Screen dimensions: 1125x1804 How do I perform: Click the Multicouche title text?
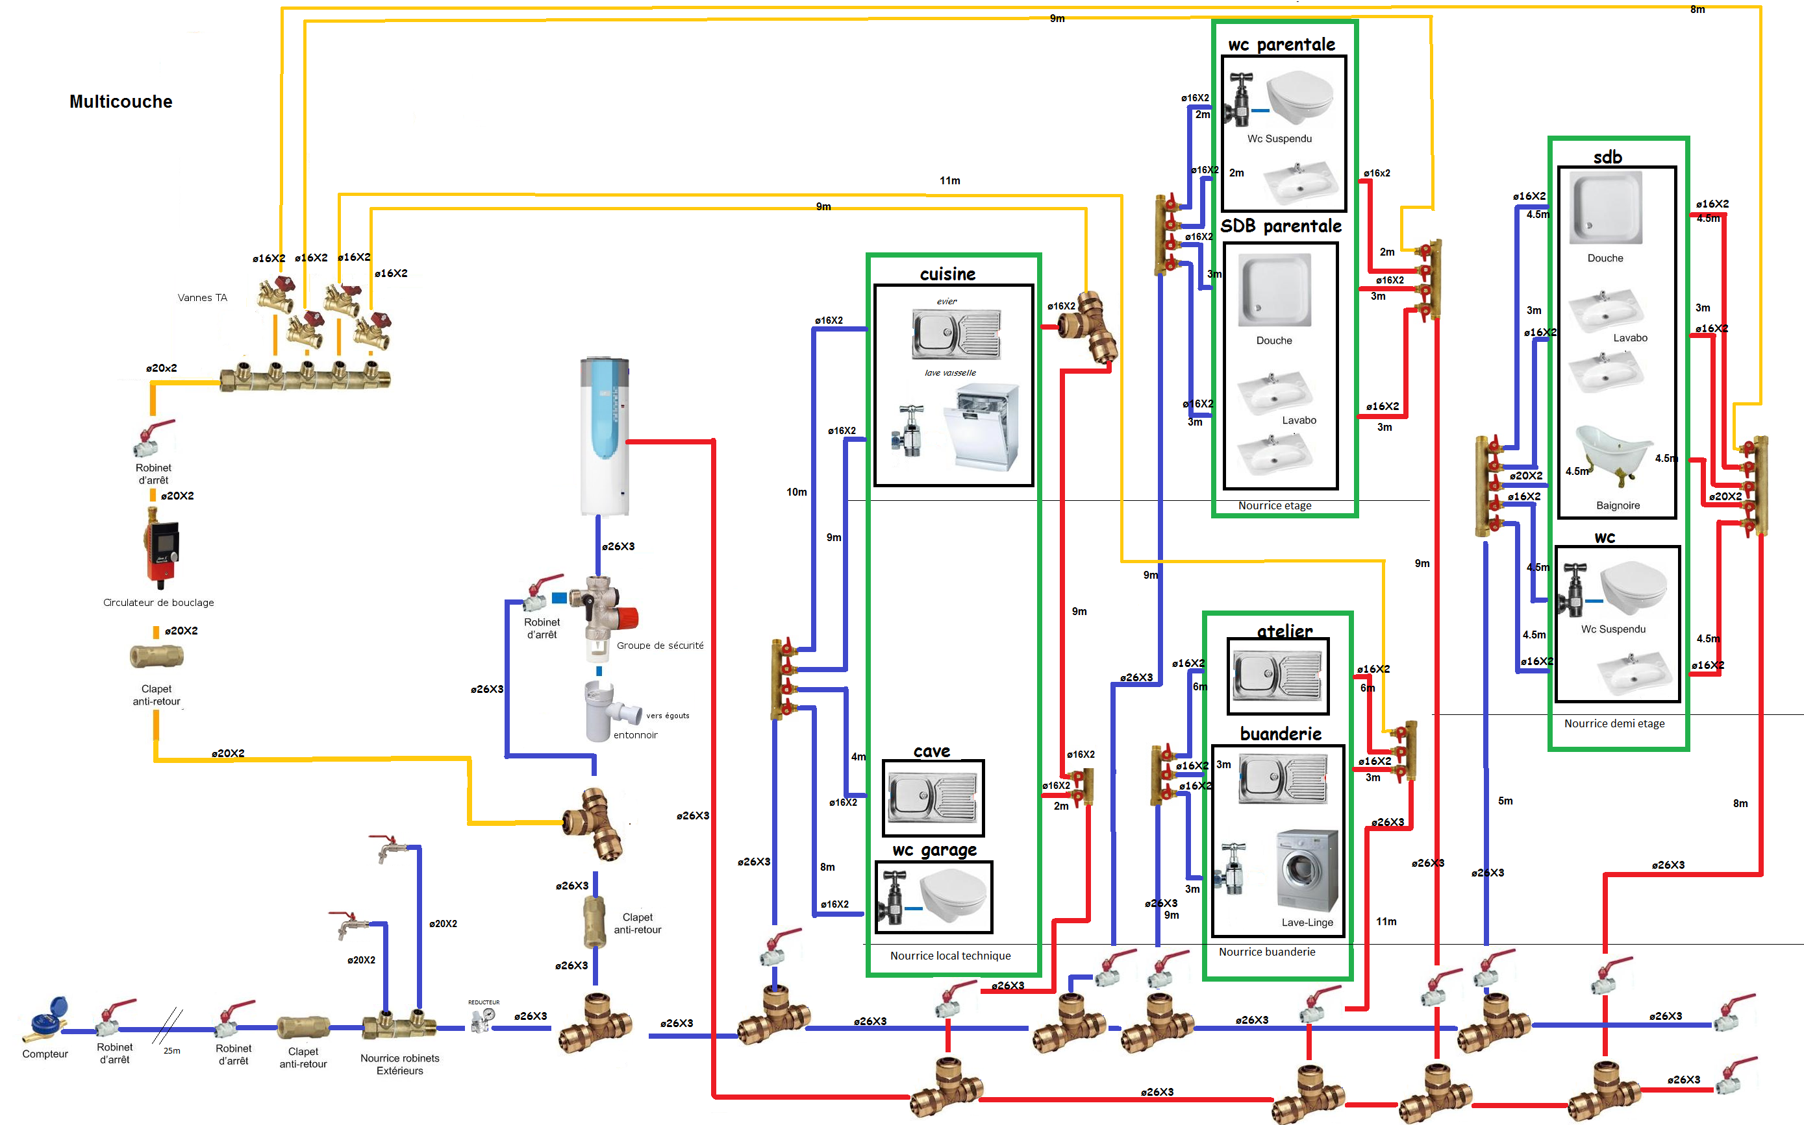point(121,102)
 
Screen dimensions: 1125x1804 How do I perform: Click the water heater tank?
point(605,435)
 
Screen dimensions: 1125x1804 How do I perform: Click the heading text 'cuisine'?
point(947,274)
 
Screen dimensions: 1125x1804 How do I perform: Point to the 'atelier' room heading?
point(1284,631)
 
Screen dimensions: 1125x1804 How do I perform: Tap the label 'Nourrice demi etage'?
point(1614,723)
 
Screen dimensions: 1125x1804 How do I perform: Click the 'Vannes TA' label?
point(203,298)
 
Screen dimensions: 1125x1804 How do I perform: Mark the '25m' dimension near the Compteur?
point(172,1050)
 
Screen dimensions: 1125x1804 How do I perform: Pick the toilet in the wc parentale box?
point(1299,97)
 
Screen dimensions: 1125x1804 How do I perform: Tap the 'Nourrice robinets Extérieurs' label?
point(400,1064)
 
